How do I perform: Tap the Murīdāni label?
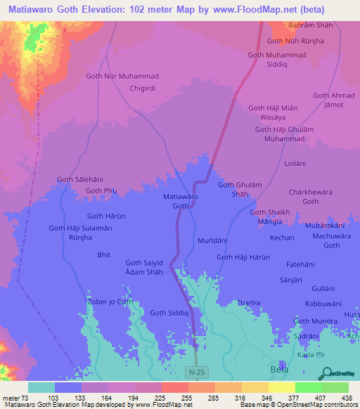tap(211, 240)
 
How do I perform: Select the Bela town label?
tap(280, 369)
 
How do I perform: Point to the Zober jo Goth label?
tap(109, 301)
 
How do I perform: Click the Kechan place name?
tap(282, 238)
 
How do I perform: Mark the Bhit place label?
tap(104, 256)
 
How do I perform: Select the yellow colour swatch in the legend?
tap(281, 387)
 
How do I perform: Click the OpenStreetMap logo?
tap(342, 373)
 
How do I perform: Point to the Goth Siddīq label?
tap(169, 313)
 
